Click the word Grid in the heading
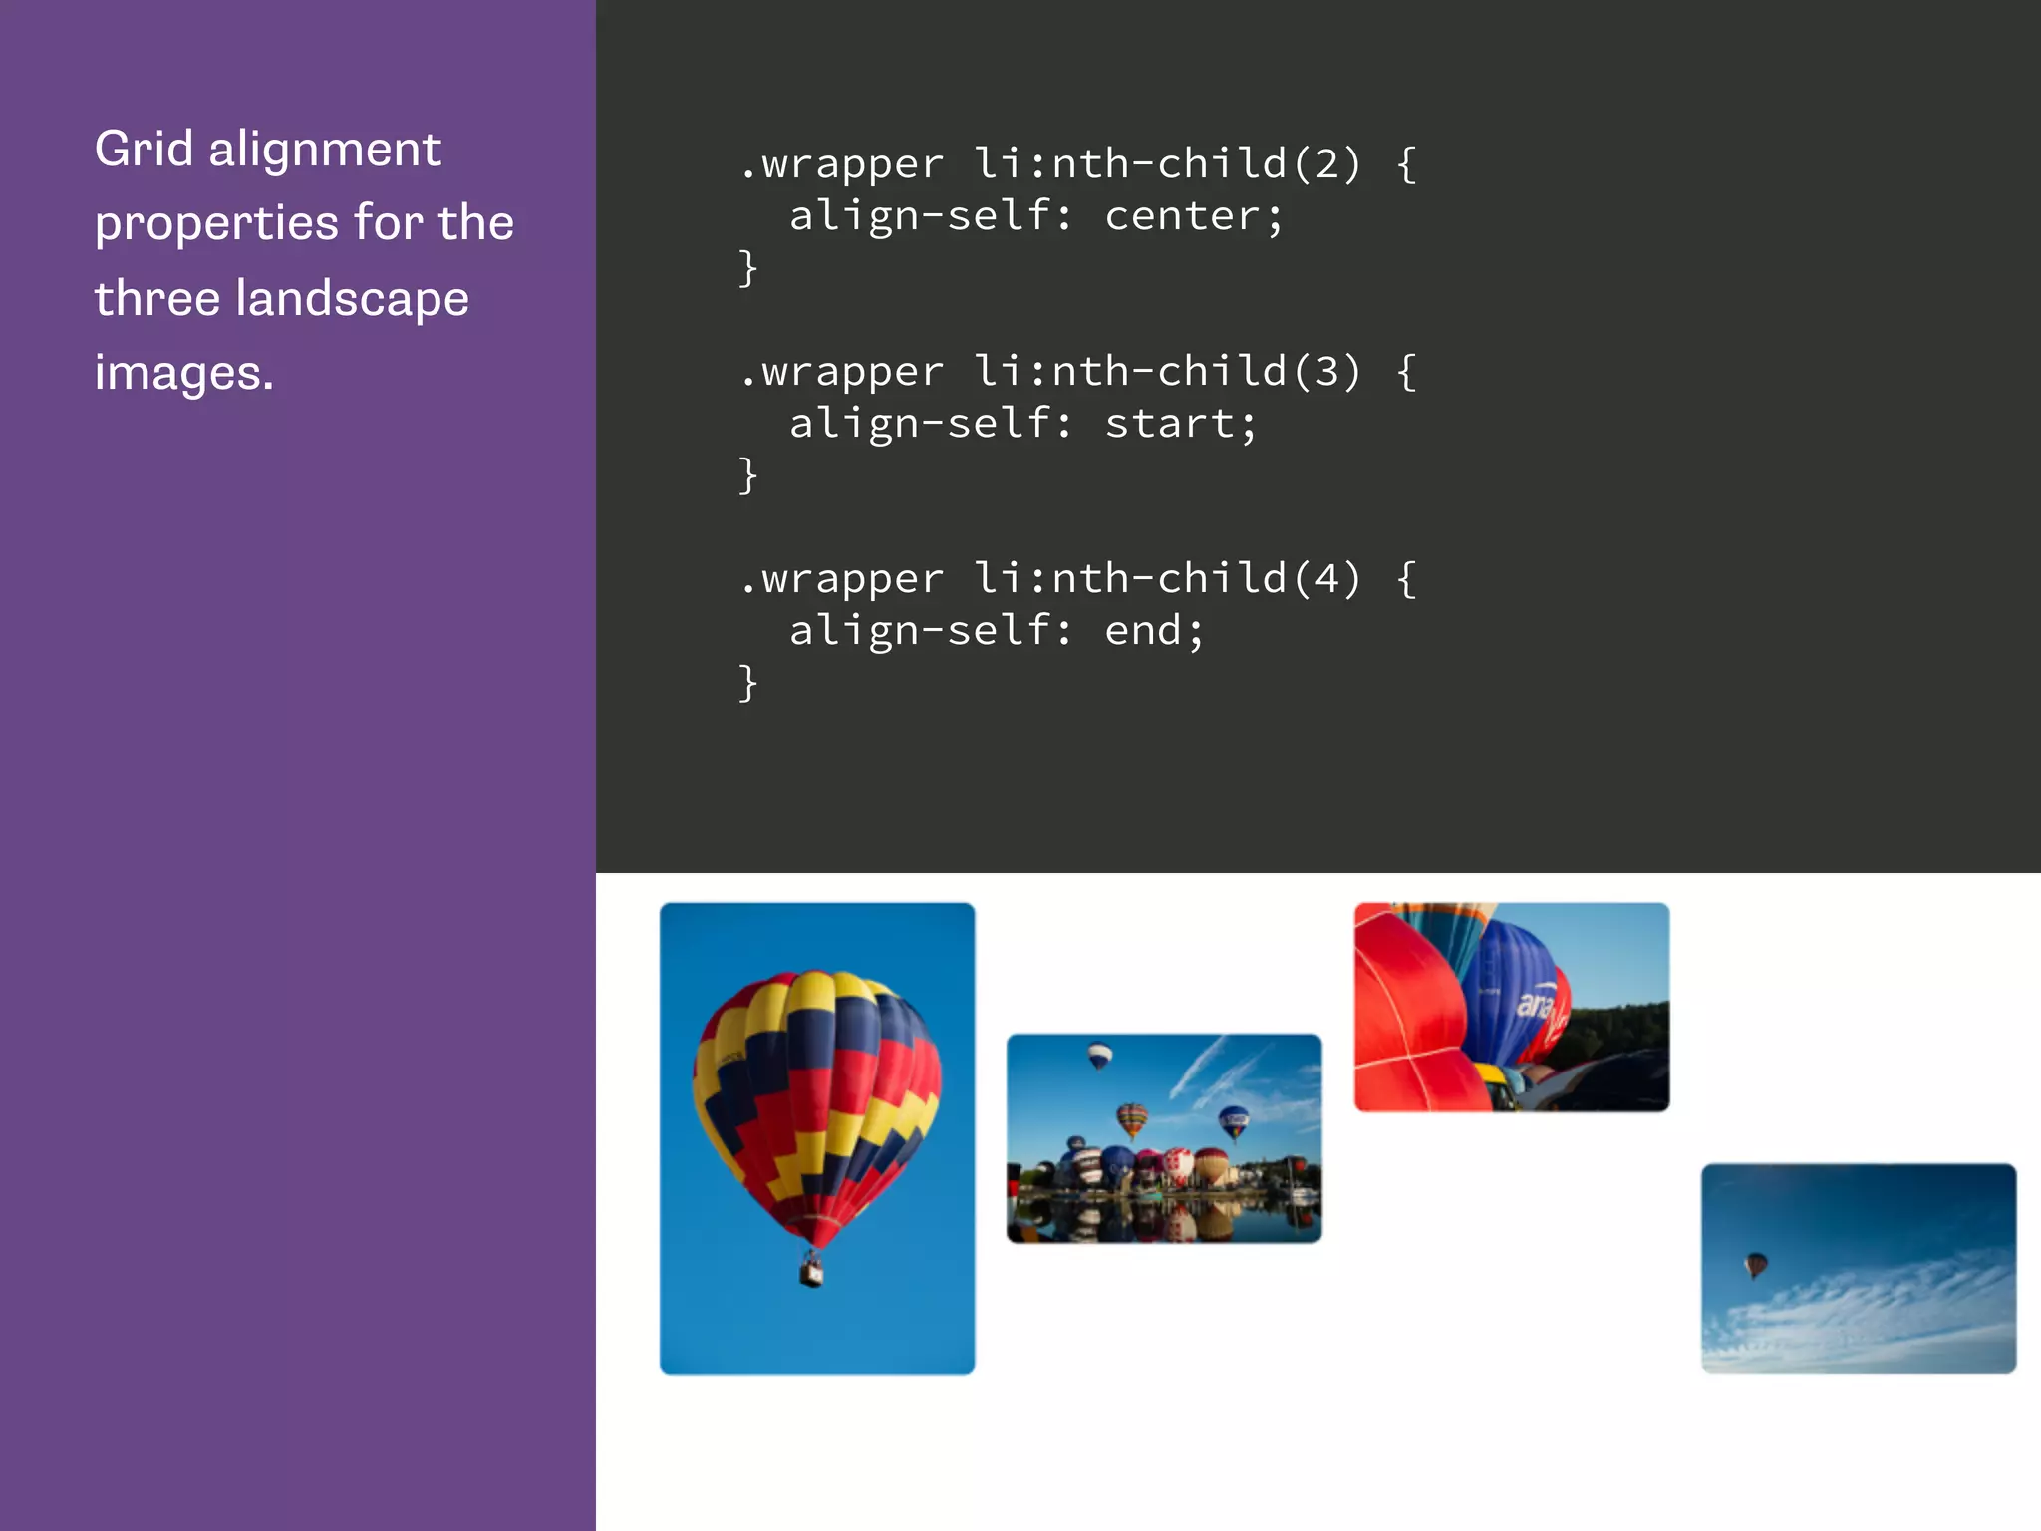(144, 150)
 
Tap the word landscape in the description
(352, 300)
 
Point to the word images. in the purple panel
(183, 373)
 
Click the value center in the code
(1182, 216)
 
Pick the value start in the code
(1169, 424)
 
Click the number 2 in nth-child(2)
(1326, 164)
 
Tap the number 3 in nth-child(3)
(1326, 372)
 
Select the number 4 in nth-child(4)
(1326, 579)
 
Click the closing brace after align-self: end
(748, 684)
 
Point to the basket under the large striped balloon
(812, 1272)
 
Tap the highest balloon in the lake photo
(1099, 1054)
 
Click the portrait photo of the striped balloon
(817, 1137)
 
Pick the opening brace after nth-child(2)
(1406, 164)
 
